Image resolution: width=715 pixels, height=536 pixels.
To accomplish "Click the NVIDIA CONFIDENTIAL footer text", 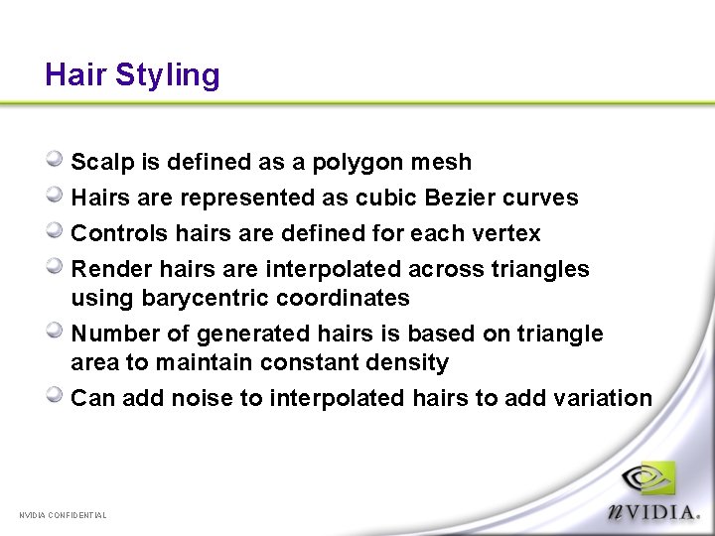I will point(63,515).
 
